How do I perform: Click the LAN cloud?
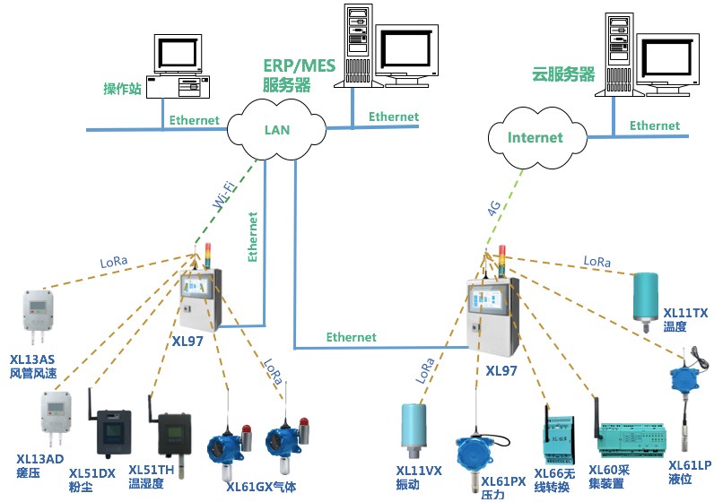pos(276,130)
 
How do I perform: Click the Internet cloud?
pos(535,137)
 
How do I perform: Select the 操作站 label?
pos(123,89)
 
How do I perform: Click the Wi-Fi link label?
pos(225,196)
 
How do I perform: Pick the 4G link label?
pos(493,209)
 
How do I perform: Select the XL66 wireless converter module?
pos(556,439)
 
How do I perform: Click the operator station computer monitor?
pos(178,55)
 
